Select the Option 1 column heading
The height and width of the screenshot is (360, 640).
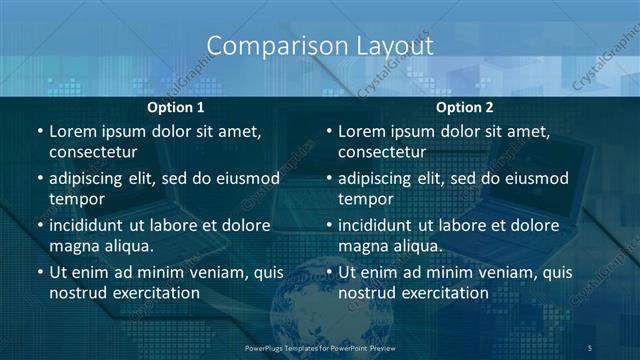[x=176, y=107]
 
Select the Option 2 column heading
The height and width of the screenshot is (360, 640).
[x=464, y=107]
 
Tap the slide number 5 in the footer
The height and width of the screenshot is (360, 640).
[x=591, y=347]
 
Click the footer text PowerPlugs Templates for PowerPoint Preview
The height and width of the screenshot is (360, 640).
[x=321, y=347]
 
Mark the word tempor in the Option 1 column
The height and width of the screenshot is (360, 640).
[x=72, y=199]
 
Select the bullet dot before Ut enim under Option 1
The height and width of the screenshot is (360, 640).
[x=39, y=272]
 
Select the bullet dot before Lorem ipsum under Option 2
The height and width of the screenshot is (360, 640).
[x=328, y=131]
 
